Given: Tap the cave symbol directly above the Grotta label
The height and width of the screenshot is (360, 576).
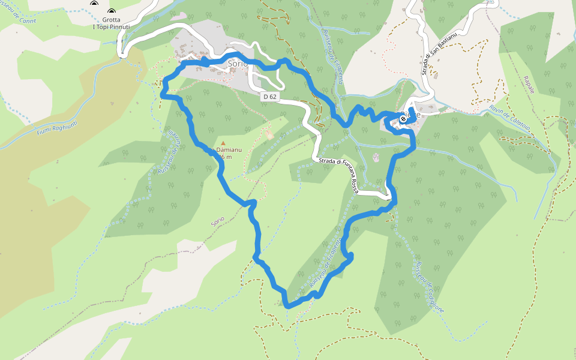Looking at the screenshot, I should [112, 12].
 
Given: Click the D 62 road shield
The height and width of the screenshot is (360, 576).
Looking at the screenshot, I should [270, 96].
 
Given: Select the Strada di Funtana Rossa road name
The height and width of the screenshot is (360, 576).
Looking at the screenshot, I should [339, 175].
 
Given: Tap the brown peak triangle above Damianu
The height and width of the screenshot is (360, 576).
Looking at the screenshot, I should [223, 143].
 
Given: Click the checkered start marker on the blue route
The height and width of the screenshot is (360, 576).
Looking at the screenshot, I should [404, 119].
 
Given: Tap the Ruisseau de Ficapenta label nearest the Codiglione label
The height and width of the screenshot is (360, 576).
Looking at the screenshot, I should [327, 262].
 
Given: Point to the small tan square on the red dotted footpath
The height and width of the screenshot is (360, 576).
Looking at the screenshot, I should [269, 136].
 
